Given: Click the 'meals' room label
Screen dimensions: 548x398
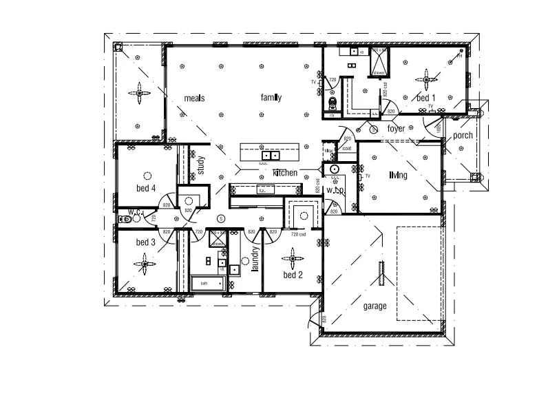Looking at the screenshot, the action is [x=195, y=98].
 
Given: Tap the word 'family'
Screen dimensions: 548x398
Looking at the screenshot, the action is [x=271, y=98].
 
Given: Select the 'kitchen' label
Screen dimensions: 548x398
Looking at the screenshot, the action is [x=285, y=172].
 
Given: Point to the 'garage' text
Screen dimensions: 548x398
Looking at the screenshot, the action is [x=375, y=306].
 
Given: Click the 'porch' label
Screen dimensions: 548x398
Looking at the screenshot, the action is [x=463, y=136].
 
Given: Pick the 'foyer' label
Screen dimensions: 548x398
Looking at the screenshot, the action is [x=397, y=129].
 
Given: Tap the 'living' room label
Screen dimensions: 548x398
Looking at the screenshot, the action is [x=397, y=176].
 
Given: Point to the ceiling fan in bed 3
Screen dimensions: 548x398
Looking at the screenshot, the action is [x=145, y=262].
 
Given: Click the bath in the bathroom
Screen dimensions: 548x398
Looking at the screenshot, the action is [x=210, y=283].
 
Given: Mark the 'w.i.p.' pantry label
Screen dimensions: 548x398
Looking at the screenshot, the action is [x=335, y=189].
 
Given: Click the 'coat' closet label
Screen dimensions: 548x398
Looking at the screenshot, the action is [x=347, y=148].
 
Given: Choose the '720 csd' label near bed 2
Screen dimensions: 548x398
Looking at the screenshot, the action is [x=298, y=235].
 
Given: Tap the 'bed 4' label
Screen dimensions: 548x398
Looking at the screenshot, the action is [x=145, y=188].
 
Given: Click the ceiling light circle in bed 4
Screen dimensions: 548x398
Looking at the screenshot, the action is [x=146, y=175].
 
